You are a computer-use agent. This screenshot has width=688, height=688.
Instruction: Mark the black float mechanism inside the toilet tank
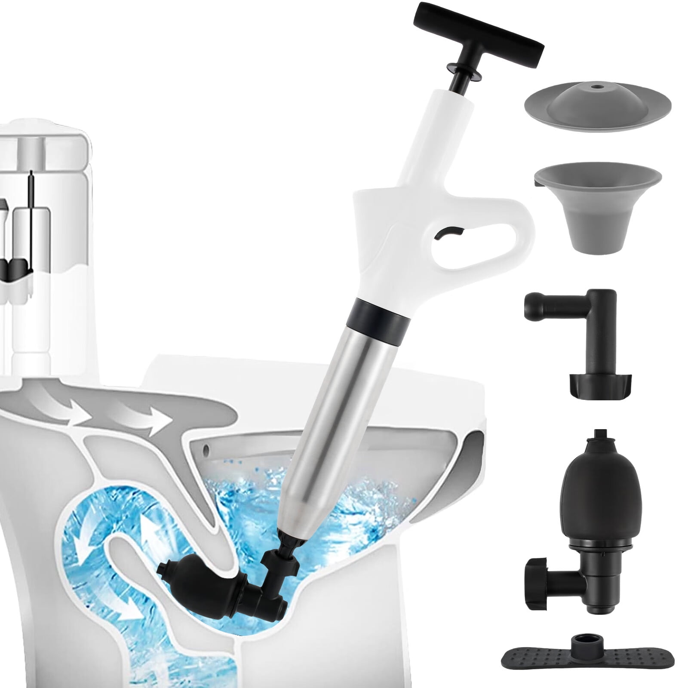coord(17,267)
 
